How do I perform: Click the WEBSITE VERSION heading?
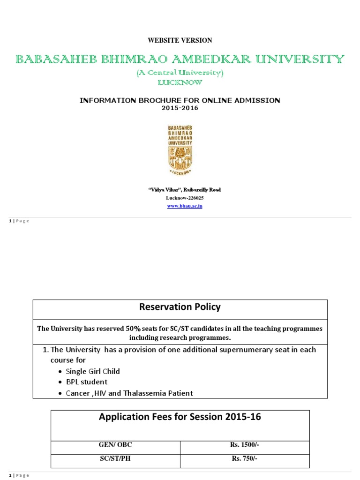click(x=180, y=40)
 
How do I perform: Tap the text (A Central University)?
click(x=180, y=73)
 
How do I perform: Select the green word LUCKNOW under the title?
click(x=180, y=82)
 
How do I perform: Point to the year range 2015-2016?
click(x=180, y=108)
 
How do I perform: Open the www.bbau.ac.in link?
click(x=185, y=206)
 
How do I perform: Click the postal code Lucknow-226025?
click(x=185, y=198)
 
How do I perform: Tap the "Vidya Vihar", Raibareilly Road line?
click(x=185, y=190)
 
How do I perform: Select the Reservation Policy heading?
click(x=180, y=307)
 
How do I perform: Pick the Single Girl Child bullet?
click(x=93, y=371)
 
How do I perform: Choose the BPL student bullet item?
click(x=86, y=382)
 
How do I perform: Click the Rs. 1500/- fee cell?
click(x=245, y=445)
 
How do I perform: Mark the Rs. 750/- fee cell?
click(x=245, y=458)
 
